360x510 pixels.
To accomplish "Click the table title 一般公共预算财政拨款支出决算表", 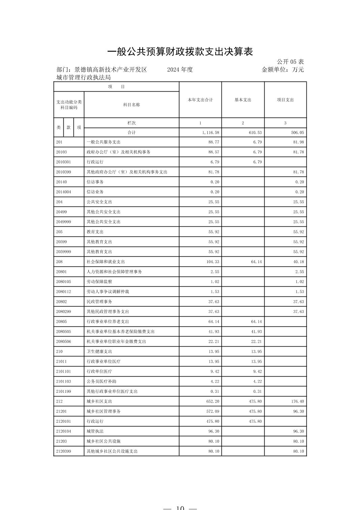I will [180, 52].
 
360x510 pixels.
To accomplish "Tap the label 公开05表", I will [290, 62].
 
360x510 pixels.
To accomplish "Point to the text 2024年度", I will [180, 70].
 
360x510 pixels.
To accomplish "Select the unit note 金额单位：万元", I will [282, 70].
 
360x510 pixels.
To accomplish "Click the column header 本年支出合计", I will [200, 100].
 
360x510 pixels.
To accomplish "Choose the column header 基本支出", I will [243, 100].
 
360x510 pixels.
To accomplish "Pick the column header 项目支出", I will [285, 100].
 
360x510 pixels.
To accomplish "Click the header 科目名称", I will [131, 105].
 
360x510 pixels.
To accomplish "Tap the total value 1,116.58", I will [210, 133].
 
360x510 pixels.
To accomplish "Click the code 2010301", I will [63, 162].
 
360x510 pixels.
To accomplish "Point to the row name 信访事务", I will [95, 182].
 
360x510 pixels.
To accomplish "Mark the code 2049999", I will [63, 222].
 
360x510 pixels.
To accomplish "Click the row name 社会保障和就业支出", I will [106, 262].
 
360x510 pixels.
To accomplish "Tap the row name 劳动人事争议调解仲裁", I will [108, 292].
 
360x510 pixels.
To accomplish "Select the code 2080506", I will [63, 342].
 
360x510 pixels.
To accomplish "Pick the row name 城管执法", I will [95, 432].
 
